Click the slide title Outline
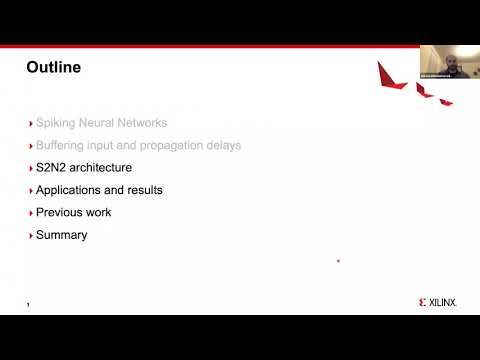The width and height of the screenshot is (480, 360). pyautogui.click(x=53, y=68)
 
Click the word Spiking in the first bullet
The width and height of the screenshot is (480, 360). pyautogui.click(x=56, y=123)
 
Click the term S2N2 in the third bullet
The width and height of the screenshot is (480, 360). pyautogui.click(x=52, y=168)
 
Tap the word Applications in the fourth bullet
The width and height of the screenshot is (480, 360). pyautogui.click(x=70, y=190)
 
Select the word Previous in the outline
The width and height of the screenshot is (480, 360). pyautogui.click(x=60, y=213)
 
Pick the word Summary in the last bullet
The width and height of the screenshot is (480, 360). pyautogui.click(x=61, y=235)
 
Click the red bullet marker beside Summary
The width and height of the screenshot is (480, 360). pyautogui.click(x=30, y=235)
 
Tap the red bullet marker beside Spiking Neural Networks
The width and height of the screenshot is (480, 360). pyautogui.click(x=30, y=123)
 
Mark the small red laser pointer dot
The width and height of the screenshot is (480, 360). pyautogui.click(x=338, y=261)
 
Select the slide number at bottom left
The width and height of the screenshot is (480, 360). pyautogui.click(x=28, y=304)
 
